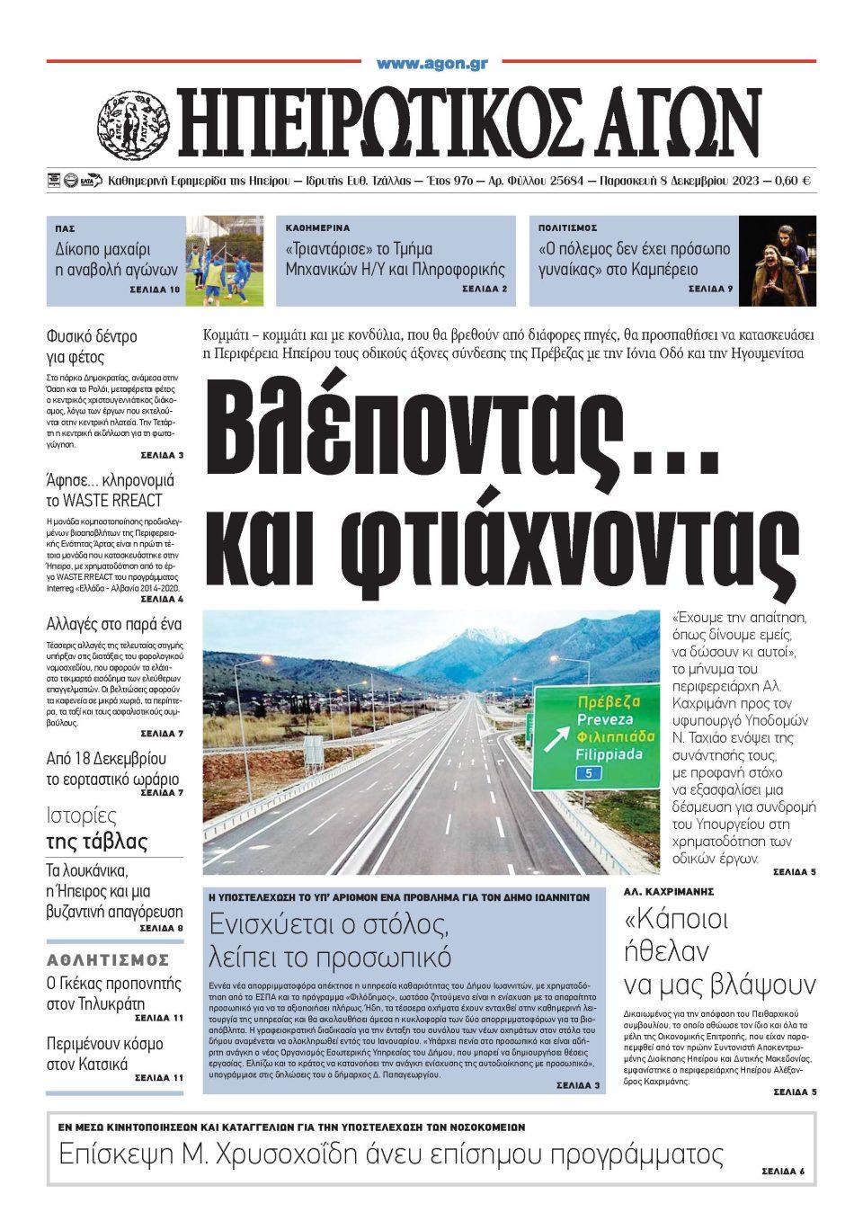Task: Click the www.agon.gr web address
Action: pyautogui.click(x=431, y=65)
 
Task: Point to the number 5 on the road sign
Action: pyautogui.click(x=588, y=772)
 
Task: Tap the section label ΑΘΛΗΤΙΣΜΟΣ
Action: pyautogui.click(x=108, y=959)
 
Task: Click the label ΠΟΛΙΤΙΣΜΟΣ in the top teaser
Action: pyautogui.click(x=567, y=228)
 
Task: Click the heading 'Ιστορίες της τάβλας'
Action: pyautogui.click(x=96, y=829)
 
